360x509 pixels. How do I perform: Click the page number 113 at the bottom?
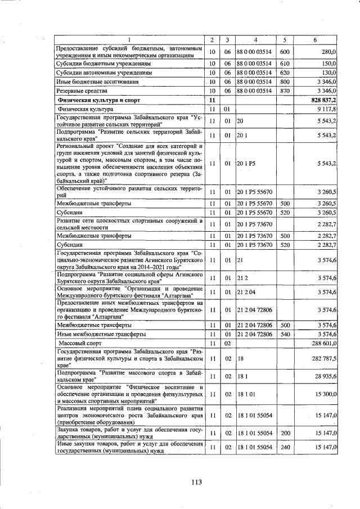point(196,482)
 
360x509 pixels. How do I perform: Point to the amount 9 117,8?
point(326,109)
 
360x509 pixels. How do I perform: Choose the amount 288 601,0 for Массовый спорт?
point(324,343)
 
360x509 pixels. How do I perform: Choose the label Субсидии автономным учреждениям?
point(104,73)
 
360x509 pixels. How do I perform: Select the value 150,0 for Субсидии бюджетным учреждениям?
point(328,64)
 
